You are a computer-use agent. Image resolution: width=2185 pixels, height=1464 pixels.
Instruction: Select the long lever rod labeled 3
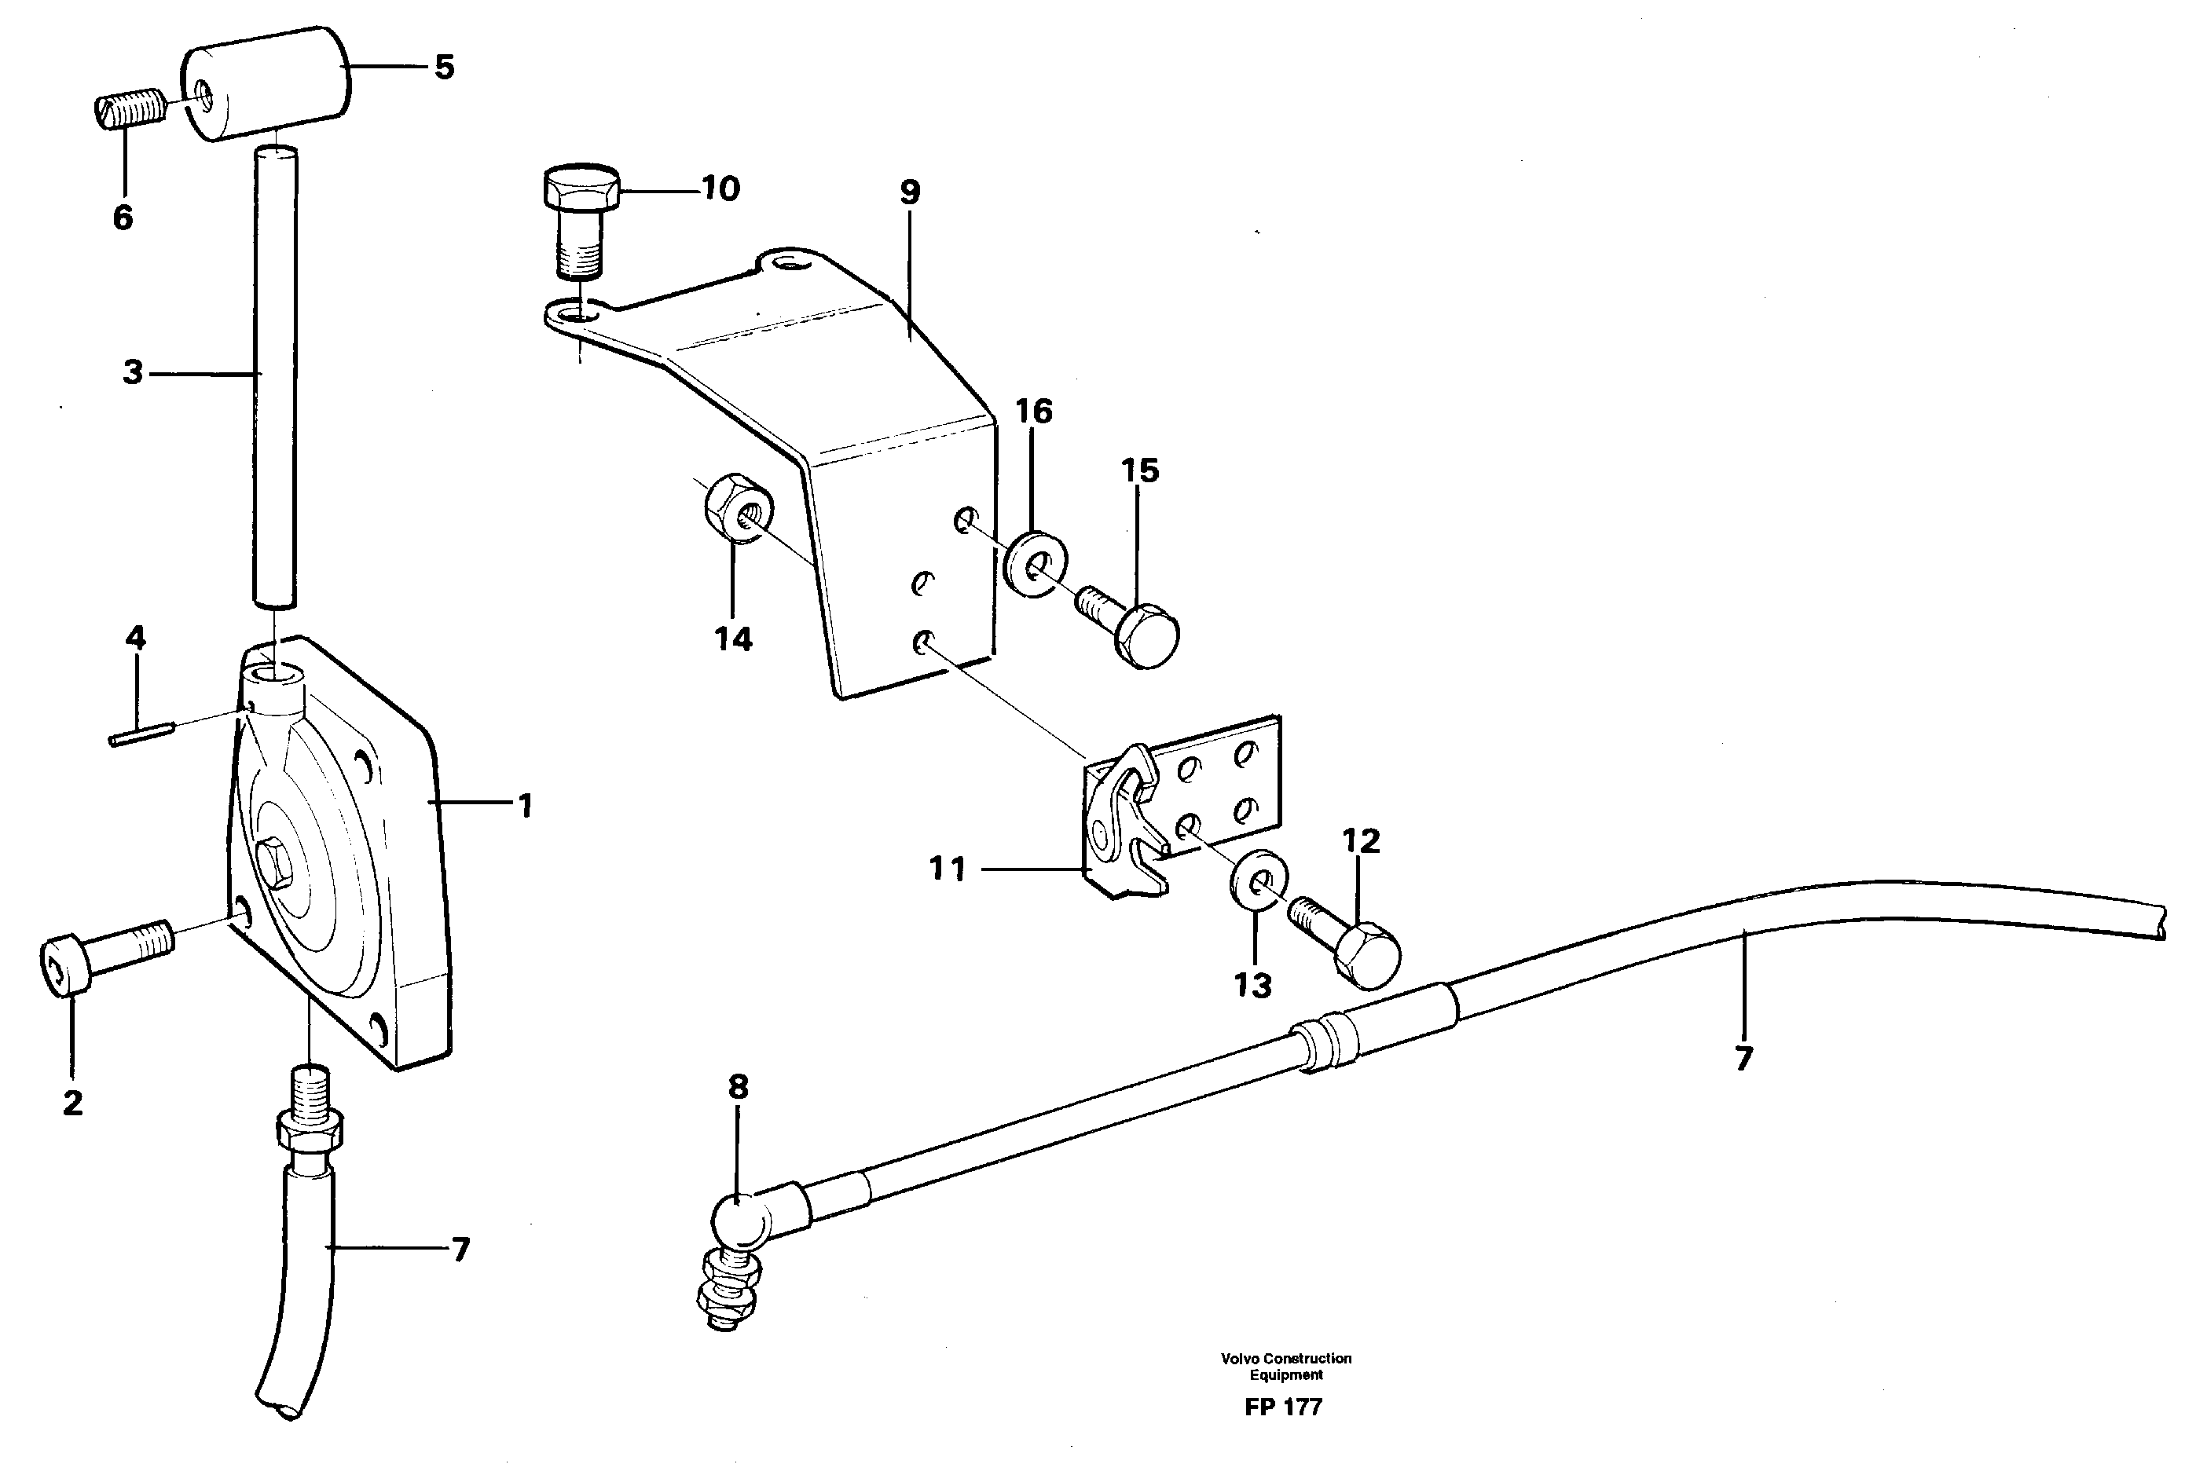pyautogui.click(x=274, y=374)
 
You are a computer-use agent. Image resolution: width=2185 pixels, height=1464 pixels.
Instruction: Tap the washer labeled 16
pyautogui.click(x=1036, y=564)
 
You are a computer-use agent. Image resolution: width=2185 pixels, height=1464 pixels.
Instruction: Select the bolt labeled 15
pyautogui.click(x=1133, y=624)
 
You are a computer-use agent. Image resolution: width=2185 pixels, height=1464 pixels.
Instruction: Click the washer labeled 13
pyautogui.click(x=1258, y=880)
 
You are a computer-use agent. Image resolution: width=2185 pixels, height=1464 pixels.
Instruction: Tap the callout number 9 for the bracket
pyautogui.click(x=910, y=192)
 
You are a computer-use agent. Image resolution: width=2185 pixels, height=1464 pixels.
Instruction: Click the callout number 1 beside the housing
pyautogui.click(x=526, y=805)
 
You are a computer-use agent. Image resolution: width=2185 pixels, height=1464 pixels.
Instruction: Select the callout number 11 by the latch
pyautogui.click(x=947, y=869)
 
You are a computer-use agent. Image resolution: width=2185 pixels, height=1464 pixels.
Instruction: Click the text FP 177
pyautogui.click(x=1283, y=1407)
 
